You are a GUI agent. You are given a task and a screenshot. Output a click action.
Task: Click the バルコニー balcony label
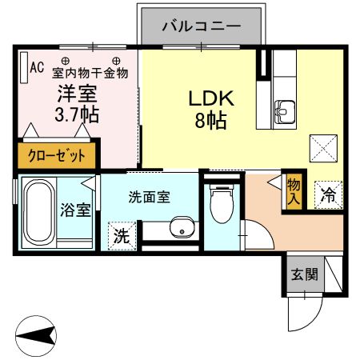tap(201, 26)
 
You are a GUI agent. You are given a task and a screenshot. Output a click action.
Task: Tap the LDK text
tap(210, 98)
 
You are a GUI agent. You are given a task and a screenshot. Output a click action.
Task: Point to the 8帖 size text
tap(210, 121)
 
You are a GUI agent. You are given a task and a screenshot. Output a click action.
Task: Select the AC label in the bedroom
tap(37, 67)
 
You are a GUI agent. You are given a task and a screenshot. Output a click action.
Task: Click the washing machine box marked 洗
tap(121, 235)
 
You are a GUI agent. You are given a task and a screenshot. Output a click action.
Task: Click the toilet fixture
tap(218, 207)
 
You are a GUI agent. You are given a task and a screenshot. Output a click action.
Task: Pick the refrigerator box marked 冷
tap(328, 193)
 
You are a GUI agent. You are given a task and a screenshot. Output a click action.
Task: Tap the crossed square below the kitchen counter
tap(325, 149)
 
